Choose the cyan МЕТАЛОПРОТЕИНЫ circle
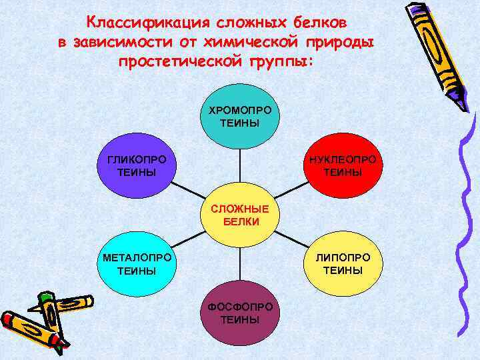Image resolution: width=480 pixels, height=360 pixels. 136,264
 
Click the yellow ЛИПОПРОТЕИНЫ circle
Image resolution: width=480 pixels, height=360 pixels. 343,264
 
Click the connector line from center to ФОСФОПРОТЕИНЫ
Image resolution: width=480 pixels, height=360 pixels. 240,263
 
